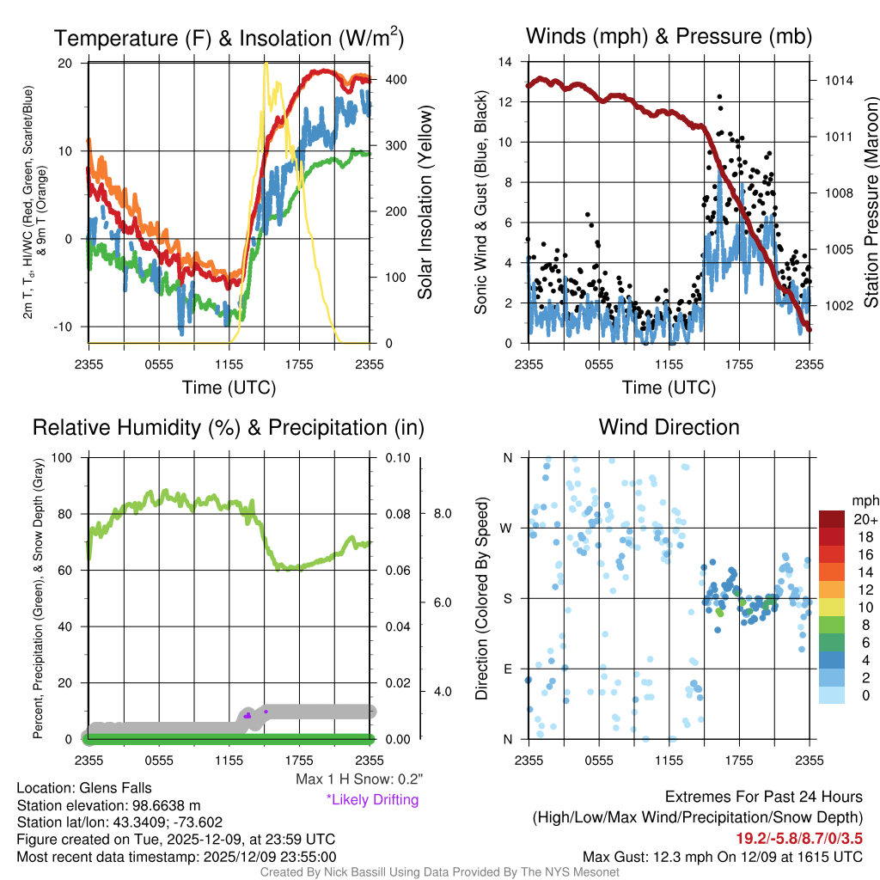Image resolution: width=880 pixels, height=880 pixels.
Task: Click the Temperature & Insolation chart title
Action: pyautogui.click(x=229, y=39)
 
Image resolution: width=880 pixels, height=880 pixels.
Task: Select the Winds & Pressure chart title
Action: pyautogui.click(x=669, y=37)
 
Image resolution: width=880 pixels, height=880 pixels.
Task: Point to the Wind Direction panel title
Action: pyautogui.click(x=669, y=427)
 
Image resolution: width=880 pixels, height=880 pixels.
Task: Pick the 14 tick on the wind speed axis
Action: pyautogui.click(x=507, y=62)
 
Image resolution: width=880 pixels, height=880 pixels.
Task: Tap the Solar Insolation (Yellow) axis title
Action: pyautogui.click(x=425, y=202)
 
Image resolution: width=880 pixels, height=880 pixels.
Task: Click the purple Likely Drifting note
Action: pyautogui.click(x=372, y=800)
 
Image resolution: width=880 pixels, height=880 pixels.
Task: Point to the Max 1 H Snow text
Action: pyautogui.click(x=358, y=779)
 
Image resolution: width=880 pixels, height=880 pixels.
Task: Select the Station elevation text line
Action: pyautogui.click(x=108, y=805)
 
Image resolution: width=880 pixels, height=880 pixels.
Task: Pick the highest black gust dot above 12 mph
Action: pyautogui.click(x=719, y=97)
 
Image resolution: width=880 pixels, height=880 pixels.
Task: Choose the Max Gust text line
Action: pyautogui.click(x=723, y=856)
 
